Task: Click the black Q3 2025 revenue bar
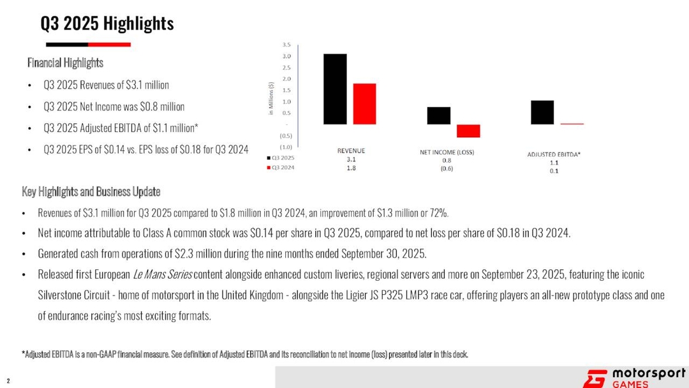(x=335, y=89)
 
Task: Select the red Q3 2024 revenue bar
(x=364, y=104)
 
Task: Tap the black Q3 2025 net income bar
(x=438, y=116)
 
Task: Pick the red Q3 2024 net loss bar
(x=468, y=131)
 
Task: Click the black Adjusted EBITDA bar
(x=542, y=112)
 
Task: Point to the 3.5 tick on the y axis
(x=286, y=45)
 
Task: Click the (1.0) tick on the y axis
(x=286, y=147)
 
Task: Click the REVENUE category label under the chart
(x=351, y=151)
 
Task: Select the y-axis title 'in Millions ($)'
(x=272, y=99)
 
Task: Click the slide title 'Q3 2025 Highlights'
(x=107, y=24)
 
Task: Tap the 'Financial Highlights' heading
(x=65, y=63)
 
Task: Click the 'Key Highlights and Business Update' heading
(x=91, y=192)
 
